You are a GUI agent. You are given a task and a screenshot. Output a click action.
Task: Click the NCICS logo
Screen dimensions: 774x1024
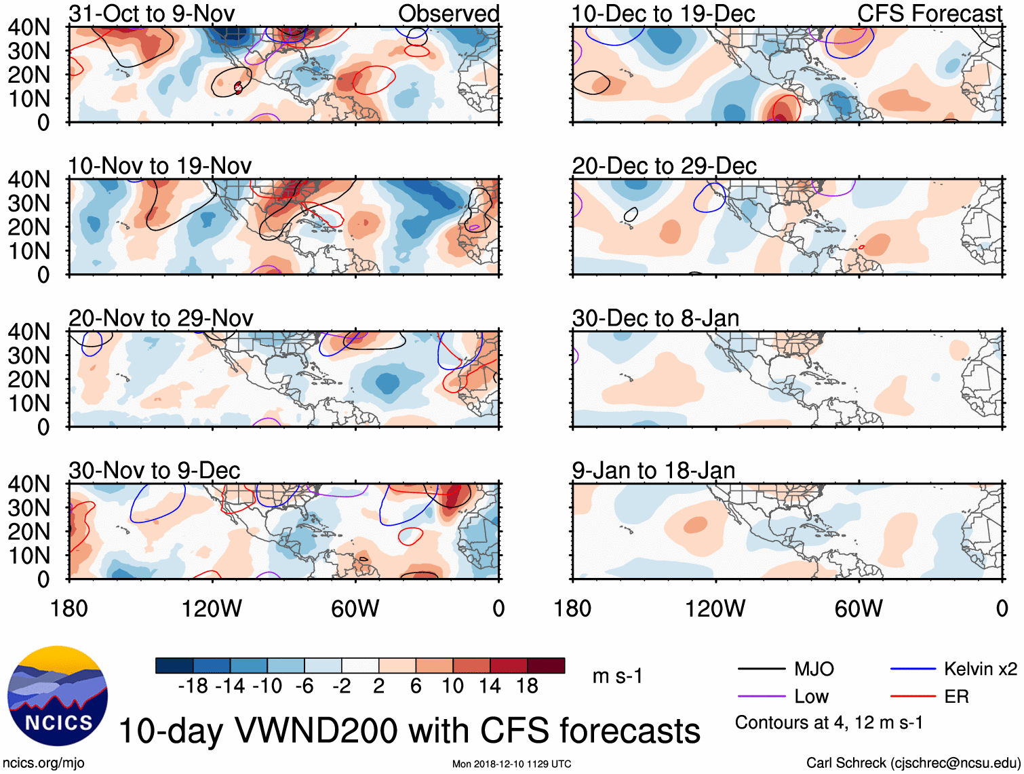[57, 695]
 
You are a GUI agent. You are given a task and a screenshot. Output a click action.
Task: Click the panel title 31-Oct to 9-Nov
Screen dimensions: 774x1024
[151, 14]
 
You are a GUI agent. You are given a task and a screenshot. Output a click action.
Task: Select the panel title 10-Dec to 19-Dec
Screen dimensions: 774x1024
[663, 14]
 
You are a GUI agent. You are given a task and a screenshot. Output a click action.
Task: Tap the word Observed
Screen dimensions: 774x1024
[448, 14]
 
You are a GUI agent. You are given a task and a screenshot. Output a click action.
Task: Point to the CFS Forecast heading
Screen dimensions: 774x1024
[929, 14]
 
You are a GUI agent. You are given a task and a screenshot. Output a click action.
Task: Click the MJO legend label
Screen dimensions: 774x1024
[814, 670]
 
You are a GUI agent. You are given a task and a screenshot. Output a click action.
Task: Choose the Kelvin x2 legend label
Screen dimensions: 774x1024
[980, 670]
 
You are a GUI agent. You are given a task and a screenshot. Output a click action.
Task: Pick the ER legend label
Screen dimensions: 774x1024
[956, 697]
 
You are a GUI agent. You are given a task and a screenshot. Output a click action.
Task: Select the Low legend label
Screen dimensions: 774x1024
[811, 697]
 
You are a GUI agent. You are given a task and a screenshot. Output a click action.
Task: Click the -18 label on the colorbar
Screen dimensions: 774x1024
[193, 686]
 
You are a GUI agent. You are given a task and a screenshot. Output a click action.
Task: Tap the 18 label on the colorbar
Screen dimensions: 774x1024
[527, 686]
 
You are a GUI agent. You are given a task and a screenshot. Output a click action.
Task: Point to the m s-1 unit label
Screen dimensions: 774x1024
[617, 676]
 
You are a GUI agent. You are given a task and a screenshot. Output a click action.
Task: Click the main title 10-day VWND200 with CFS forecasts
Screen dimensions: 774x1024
[409, 731]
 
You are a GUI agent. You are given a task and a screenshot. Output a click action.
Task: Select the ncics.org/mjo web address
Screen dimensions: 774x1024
[43, 763]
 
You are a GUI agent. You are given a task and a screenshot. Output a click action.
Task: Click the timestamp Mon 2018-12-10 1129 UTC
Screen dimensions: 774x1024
[511, 765]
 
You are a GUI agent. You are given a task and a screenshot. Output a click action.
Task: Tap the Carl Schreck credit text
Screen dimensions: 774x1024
[913, 763]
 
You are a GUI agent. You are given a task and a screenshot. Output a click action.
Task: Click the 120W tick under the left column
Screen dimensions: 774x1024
[212, 608]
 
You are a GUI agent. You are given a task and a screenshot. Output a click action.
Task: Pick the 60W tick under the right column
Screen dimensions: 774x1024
[859, 608]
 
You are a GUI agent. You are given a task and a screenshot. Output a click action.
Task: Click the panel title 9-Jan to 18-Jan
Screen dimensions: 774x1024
[653, 471]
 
